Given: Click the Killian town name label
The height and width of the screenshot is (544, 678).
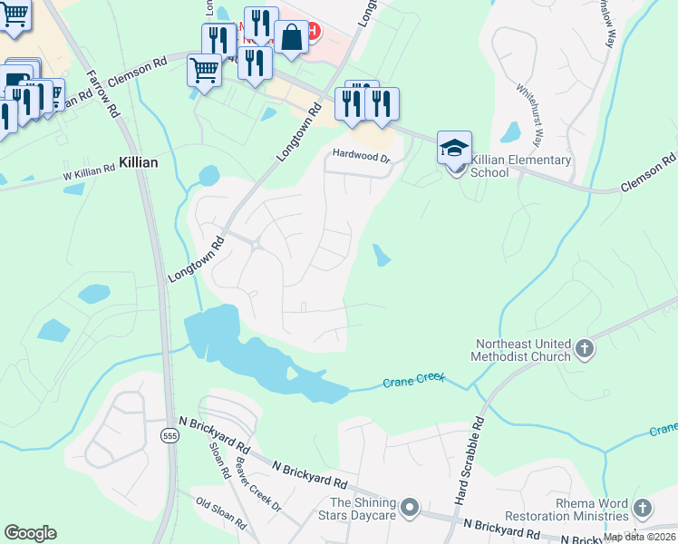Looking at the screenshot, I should coord(138,162).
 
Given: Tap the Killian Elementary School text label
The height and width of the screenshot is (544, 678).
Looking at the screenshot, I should coord(521,167).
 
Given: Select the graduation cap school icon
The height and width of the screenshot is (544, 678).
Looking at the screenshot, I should coord(455,147).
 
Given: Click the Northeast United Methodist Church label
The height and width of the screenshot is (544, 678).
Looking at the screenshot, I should coord(521,350).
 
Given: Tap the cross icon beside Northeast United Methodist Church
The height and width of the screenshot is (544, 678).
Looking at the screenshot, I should coord(585,348).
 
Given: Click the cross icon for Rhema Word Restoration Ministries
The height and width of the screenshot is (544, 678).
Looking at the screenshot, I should coord(643,508).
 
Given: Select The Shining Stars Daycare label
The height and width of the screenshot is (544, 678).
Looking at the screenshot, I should coord(363,510).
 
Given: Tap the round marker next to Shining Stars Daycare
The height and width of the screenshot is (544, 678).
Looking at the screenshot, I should coord(410,507).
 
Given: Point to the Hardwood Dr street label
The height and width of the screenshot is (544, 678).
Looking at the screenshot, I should coord(360,157).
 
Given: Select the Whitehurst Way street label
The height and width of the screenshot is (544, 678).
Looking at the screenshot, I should coord(529,116).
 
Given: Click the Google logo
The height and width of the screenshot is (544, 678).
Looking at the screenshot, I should coord(30,533).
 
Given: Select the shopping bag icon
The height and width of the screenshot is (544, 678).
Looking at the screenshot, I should coord(291,38).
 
